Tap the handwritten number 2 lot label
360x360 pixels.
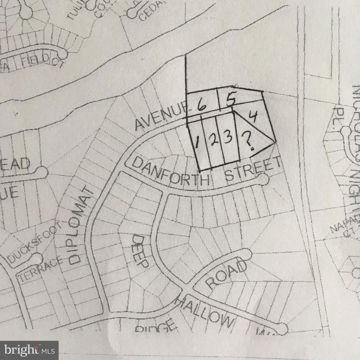(x=213, y=140)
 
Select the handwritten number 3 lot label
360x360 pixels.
(x=228, y=137)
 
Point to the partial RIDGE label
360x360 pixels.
(x=154, y=327)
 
